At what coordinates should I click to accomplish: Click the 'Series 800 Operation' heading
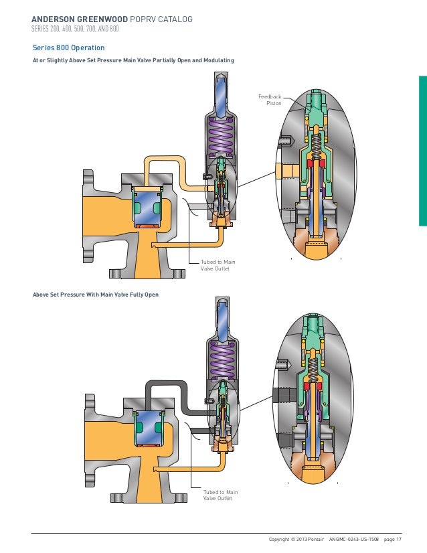[x=68, y=48]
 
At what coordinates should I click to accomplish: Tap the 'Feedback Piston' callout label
[x=270, y=100]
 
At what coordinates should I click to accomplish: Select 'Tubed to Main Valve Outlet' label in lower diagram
[x=220, y=495]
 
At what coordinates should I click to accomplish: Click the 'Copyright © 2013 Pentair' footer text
[x=295, y=538]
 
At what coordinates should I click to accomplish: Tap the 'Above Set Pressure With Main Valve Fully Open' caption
[x=96, y=295]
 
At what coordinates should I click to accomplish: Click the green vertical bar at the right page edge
[x=423, y=154]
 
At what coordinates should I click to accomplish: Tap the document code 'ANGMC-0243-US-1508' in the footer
[x=354, y=538]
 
